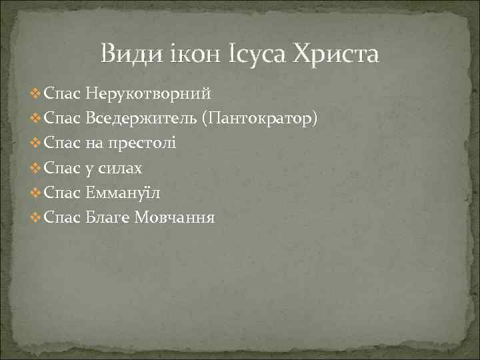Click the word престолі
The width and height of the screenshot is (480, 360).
(x=141, y=143)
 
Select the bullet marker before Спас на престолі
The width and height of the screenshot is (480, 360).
(x=35, y=144)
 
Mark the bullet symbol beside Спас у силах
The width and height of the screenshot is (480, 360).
(x=35, y=169)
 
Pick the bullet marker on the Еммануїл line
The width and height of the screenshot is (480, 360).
(x=35, y=193)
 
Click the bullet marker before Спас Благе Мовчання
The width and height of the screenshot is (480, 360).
(x=35, y=218)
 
